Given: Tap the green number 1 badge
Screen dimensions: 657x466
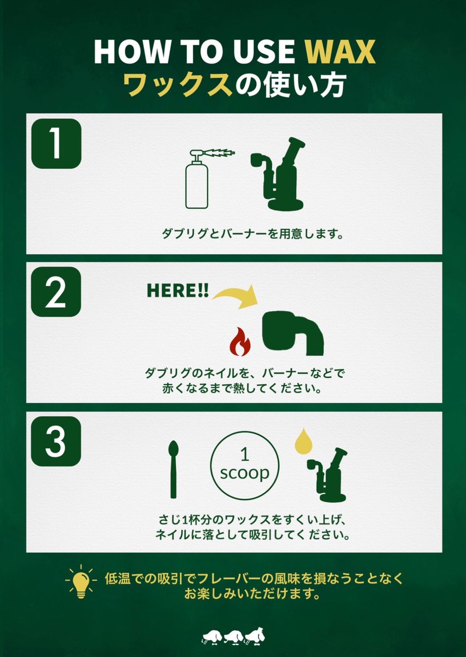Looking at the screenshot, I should pos(56,144).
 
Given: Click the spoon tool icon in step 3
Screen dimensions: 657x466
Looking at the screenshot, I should pos(174,469).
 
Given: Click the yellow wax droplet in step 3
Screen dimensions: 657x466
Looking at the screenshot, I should pos(301,441).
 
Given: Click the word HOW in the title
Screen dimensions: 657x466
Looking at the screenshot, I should pos(128,52).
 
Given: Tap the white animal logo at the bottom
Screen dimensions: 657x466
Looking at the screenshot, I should pos(233,637).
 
